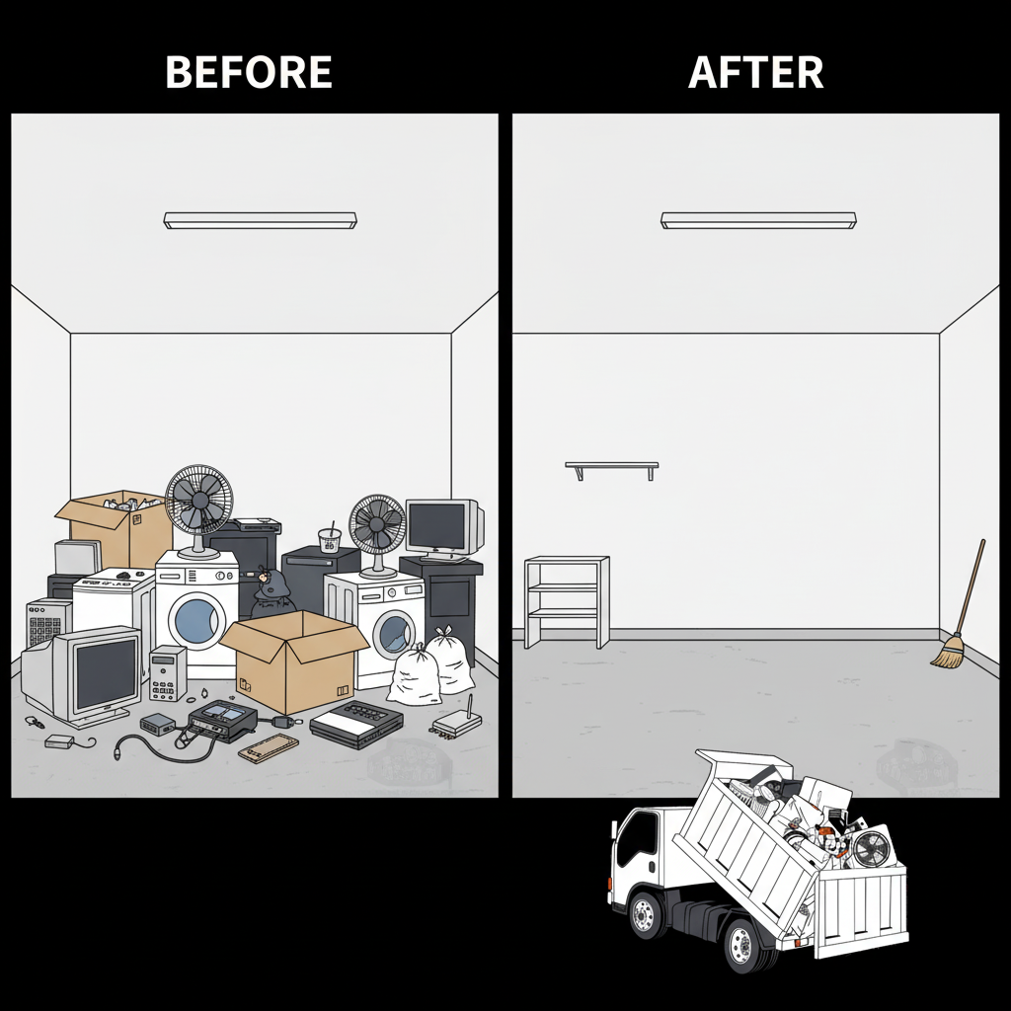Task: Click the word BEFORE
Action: coord(249,71)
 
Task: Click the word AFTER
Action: coord(755,71)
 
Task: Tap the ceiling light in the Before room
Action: coord(260,220)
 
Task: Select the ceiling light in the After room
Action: coord(758,220)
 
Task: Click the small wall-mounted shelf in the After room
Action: coord(612,467)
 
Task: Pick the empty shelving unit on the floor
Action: coord(566,601)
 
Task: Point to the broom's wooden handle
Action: coord(971,586)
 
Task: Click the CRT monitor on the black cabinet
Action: coord(444,530)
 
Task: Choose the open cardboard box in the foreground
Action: coord(294,661)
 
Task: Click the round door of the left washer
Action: coord(194,620)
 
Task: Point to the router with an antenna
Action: coord(456,723)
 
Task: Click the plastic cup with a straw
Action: coord(330,539)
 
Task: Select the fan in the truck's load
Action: coord(871,846)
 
